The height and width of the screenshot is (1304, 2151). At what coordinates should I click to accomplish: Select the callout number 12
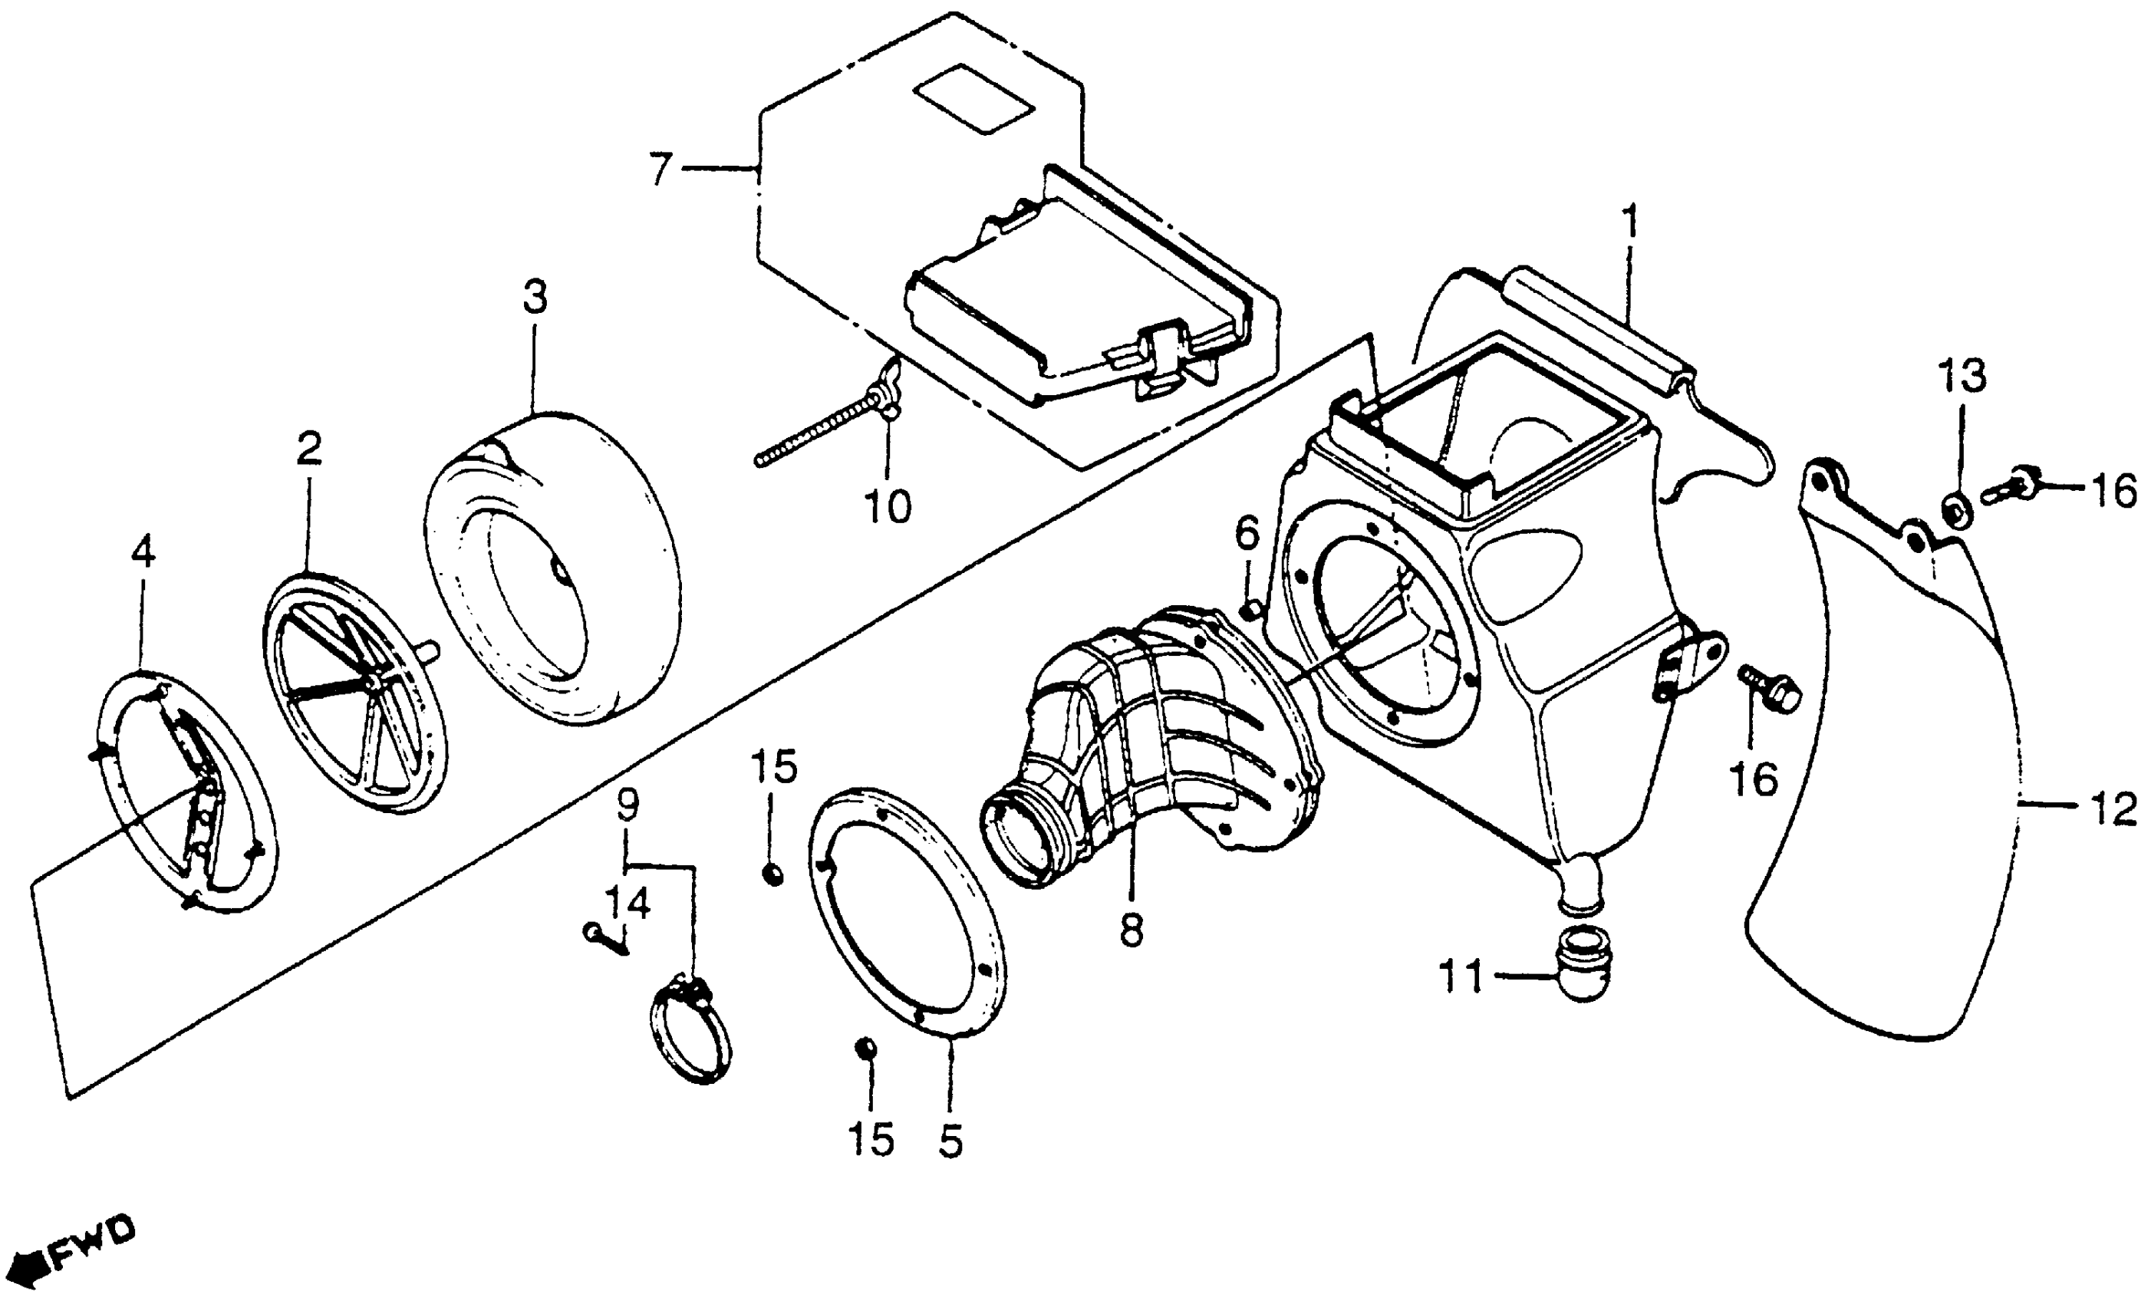click(x=2113, y=812)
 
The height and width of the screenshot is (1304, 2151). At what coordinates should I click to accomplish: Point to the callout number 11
click(x=1461, y=976)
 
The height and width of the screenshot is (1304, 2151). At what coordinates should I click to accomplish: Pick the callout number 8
click(x=1131, y=932)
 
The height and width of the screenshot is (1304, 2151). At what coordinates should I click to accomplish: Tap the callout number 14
click(x=628, y=904)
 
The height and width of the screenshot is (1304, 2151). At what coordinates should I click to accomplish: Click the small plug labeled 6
click(x=1252, y=609)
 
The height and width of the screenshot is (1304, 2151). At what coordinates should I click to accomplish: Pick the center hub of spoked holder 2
click(x=373, y=682)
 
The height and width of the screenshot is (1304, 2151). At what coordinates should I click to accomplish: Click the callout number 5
click(x=950, y=1141)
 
